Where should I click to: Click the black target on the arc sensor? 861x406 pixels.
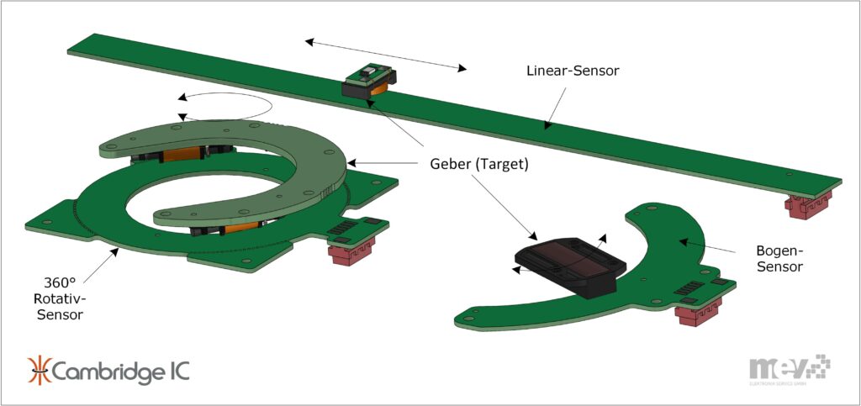[x=572, y=260]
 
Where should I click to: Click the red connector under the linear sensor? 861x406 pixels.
[x=808, y=203]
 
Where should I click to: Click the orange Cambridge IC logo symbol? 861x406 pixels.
[x=40, y=371]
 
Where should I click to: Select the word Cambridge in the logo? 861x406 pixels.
[x=101, y=371]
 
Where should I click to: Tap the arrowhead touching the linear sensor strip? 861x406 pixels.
[x=547, y=127]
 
